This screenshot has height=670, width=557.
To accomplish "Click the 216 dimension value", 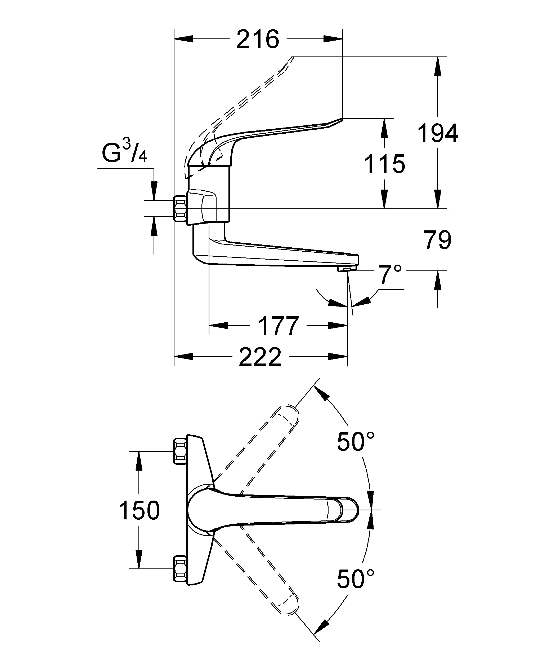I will coord(258,40).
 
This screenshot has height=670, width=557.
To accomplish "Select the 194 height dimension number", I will coord(438,133).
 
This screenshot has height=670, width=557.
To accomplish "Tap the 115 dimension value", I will coord(384,164).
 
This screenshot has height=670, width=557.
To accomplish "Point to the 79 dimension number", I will coord(437,240).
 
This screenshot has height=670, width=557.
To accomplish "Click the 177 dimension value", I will coord(278,326).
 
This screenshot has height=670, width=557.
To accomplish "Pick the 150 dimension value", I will coord(139,510).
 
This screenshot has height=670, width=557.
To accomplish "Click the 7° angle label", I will coord(390,274).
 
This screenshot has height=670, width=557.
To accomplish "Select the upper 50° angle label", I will coord(356,442).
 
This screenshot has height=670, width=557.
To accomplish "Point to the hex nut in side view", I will coord(180,209).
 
